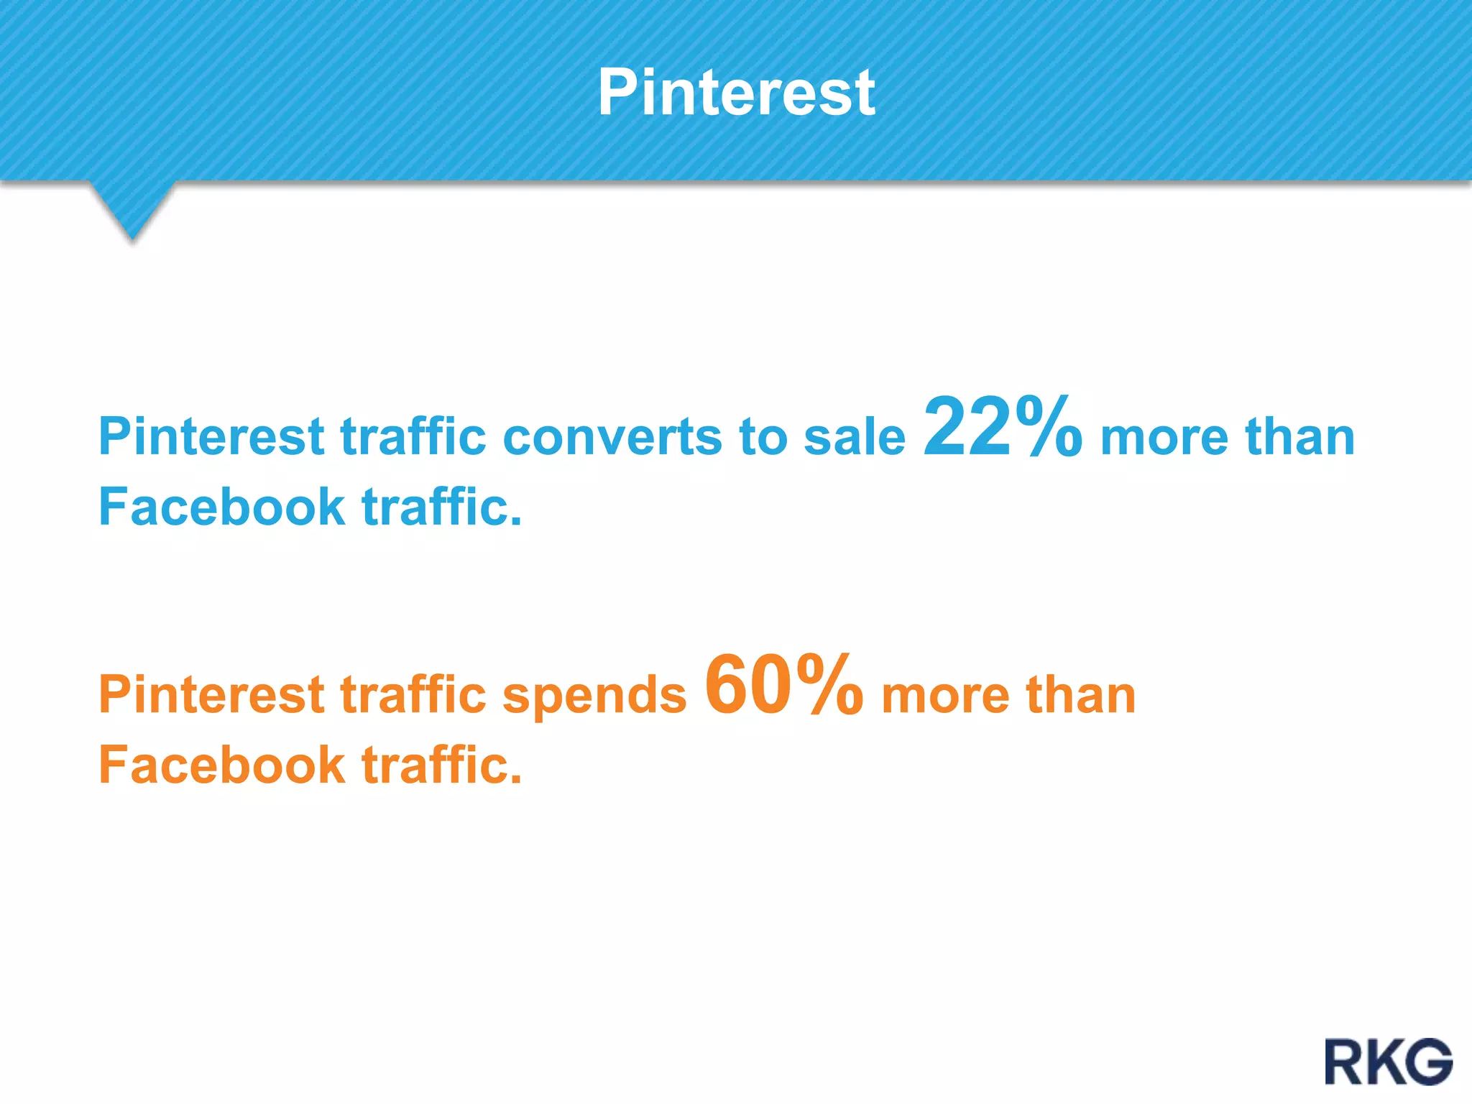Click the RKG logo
(1389, 1062)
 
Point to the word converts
(611, 437)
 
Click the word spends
(594, 696)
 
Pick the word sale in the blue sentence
(855, 437)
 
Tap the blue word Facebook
(221, 507)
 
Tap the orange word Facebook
(221, 765)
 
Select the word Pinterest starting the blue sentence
(211, 437)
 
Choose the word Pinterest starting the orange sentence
(211, 695)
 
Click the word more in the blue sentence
(1164, 437)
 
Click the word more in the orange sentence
(945, 695)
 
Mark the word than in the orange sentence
(1081, 695)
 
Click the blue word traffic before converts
(413, 437)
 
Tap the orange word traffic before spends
(413, 695)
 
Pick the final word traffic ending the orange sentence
(441, 765)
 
